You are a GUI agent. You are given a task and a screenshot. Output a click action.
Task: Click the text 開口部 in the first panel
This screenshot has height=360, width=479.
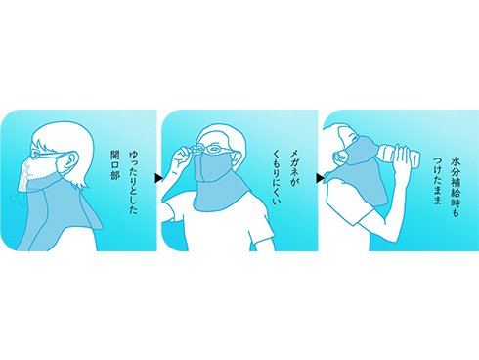pos(115,165)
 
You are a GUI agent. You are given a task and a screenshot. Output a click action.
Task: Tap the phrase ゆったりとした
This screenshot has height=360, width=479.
pos(133,182)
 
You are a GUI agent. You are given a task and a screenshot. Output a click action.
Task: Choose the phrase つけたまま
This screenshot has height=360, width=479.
pos(437,181)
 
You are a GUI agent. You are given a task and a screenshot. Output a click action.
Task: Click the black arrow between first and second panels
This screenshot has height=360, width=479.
pos(158,178)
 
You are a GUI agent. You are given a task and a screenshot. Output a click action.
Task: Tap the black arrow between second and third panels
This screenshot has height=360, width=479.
pos(320,178)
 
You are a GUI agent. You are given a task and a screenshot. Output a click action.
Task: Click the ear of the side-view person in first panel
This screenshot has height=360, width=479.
pos(71,160)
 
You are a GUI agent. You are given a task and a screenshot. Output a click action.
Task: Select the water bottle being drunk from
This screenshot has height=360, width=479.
pos(398,156)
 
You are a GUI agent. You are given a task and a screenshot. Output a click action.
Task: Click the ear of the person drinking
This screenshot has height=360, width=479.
pos(340,157)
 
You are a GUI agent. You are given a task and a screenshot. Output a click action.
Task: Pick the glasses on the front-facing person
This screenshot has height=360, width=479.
pos(212,149)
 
